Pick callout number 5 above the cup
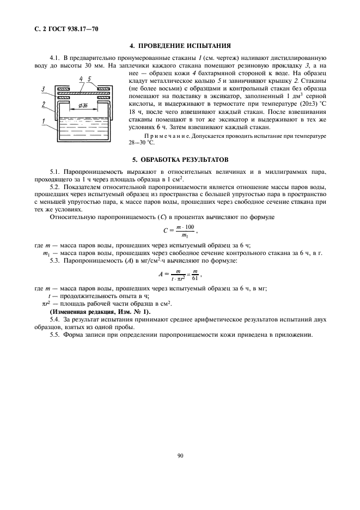pyautogui.click(x=90, y=79)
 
